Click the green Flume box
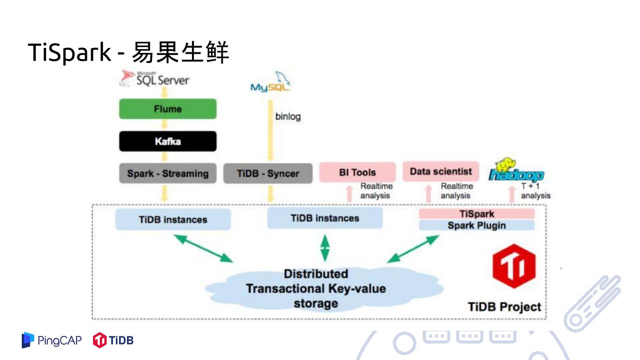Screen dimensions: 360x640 (168, 109)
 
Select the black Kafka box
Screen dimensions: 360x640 (168, 141)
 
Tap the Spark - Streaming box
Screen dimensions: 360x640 (168, 173)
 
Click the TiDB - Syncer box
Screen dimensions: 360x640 (268, 173)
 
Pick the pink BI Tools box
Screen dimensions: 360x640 (357, 172)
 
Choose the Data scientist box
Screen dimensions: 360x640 (441, 171)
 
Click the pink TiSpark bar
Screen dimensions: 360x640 (476, 214)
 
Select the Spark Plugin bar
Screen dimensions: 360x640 (476, 225)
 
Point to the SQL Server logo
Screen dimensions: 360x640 (155, 79)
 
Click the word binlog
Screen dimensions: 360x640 (288, 117)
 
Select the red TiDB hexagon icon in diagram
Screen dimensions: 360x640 (514, 266)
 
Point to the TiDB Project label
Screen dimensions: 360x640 (504, 307)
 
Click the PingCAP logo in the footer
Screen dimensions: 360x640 (52, 340)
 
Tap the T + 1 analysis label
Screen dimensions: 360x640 (535, 191)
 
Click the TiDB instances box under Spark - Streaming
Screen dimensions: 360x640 (173, 220)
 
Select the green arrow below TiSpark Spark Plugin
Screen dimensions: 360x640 (413, 249)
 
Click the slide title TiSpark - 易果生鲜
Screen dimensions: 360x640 (128, 52)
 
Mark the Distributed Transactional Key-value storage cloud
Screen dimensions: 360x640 (316, 288)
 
